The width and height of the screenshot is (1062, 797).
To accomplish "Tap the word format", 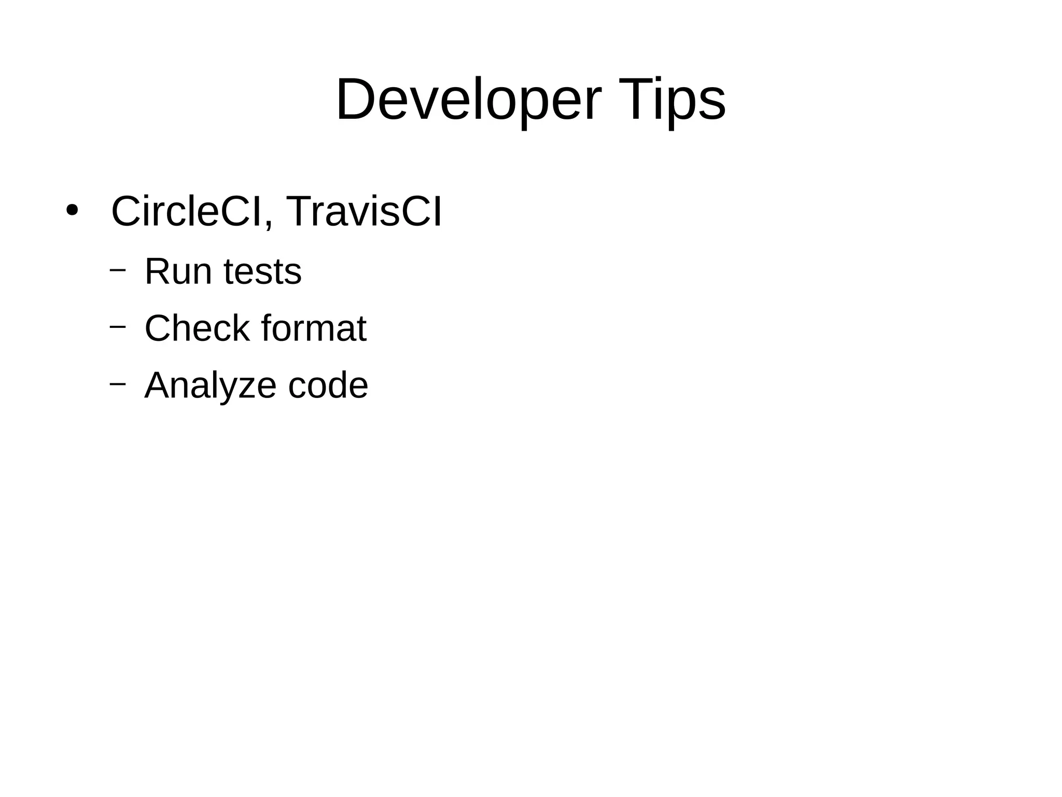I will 314,328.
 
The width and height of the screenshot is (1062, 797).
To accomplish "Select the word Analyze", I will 211,386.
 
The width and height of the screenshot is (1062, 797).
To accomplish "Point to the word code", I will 328,386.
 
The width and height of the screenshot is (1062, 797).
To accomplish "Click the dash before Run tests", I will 118,270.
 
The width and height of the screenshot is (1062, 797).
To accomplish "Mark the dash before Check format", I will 118,326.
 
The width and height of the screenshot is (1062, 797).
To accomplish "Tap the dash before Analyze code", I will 118,383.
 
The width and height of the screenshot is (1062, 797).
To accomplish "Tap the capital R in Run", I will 157,271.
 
